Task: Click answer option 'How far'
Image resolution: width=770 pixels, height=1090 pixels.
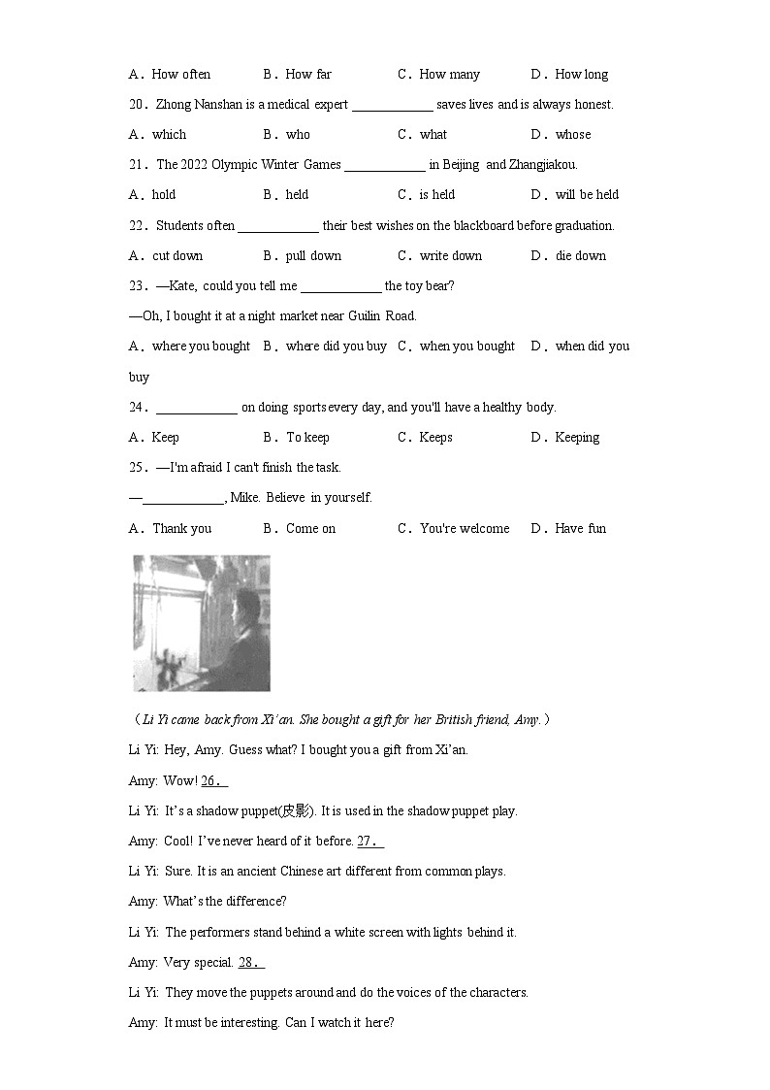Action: coord(308,74)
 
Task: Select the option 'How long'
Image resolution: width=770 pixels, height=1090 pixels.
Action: coord(582,74)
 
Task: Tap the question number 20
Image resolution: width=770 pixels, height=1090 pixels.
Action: coord(137,104)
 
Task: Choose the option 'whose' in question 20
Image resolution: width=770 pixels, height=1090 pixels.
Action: coord(573,134)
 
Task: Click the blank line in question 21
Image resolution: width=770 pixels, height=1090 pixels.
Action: coord(384,166)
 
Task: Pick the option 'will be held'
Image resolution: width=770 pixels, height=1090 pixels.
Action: coord(587,194)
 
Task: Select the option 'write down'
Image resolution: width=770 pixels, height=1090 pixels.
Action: coord(451,255)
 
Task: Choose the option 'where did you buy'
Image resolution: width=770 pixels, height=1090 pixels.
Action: coord(336,346)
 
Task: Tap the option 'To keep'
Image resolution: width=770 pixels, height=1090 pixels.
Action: coord(307,437)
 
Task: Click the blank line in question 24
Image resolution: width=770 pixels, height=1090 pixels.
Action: coord(196,409)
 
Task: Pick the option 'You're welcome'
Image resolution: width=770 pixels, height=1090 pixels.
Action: coord(465,528)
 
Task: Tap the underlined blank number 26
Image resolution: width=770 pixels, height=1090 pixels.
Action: coord(214,780)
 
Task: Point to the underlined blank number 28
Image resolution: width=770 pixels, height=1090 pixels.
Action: coord(251,962)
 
